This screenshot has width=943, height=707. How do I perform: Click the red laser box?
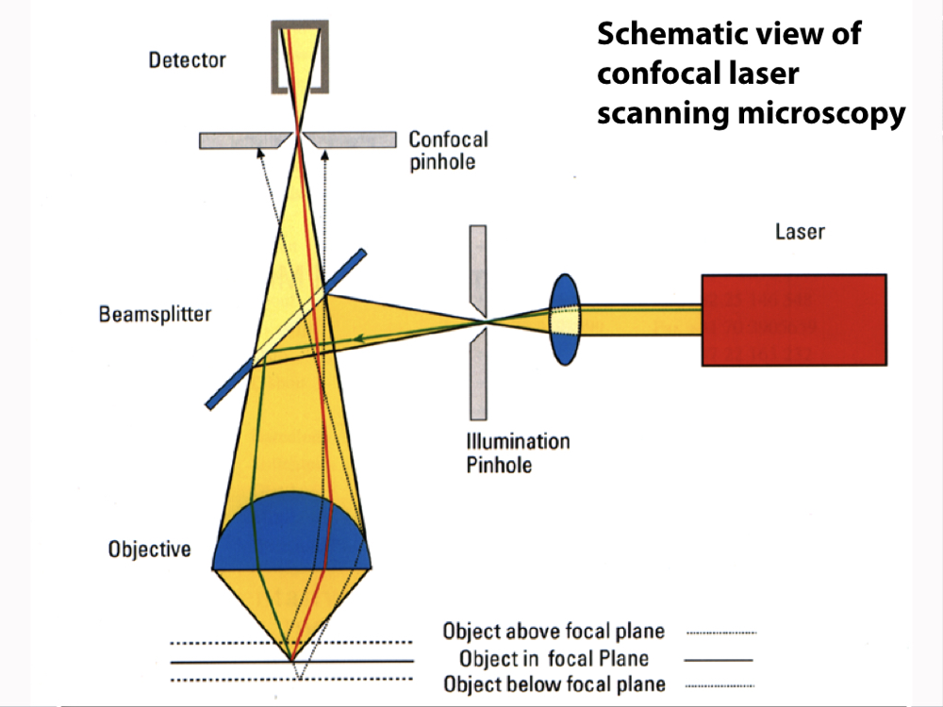[793, 319]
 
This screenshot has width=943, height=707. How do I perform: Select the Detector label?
[188, 60]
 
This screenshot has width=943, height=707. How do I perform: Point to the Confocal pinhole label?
[448, 150]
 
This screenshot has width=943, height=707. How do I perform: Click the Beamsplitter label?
[155, 313]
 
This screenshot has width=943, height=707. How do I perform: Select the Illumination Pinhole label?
[518, 452]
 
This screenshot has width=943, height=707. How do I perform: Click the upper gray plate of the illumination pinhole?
[478, 269]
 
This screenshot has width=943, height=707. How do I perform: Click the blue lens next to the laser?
[564, 319]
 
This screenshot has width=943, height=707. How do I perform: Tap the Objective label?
[149, 549]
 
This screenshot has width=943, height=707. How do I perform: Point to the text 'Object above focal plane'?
[554, 632]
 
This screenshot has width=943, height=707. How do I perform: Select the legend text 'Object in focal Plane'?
[554, 658]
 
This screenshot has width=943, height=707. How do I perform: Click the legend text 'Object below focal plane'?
[554, 684]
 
